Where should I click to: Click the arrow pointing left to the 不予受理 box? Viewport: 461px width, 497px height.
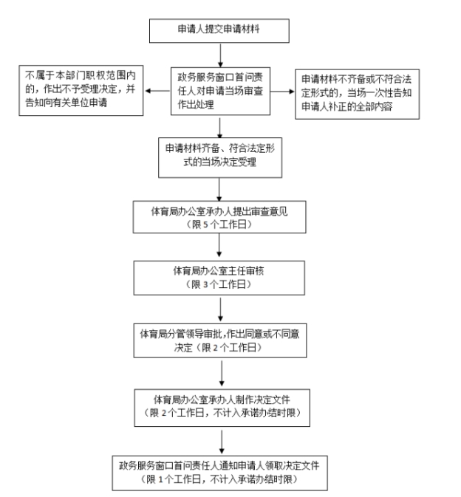click(x=159, y=92)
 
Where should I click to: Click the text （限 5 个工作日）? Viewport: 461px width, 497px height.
click(x=220, y=222)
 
